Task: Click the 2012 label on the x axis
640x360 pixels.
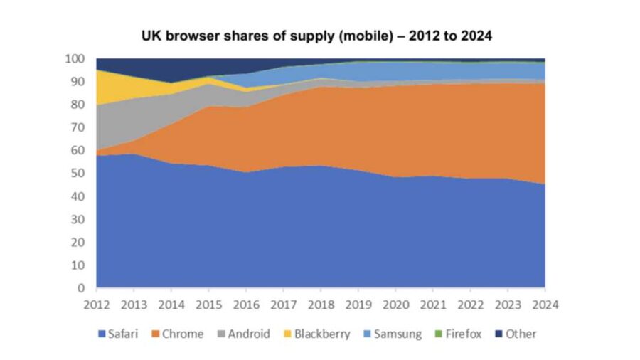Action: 96,304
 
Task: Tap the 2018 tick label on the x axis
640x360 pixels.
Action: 321,304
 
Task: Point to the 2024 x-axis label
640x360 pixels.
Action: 545,304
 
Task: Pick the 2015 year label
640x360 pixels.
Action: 208,304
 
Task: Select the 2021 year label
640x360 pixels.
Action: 432,304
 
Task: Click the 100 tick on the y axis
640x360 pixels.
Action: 75,58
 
